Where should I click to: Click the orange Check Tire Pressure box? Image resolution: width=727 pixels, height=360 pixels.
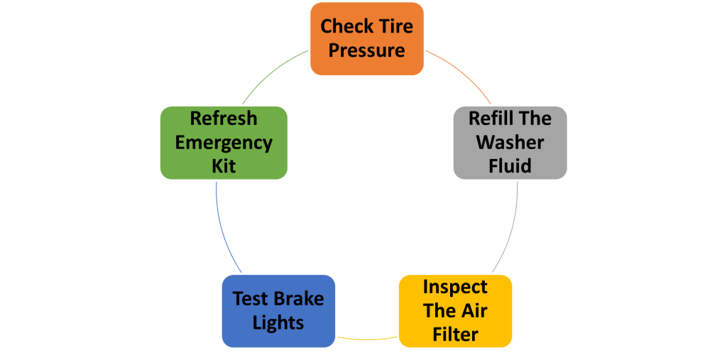coord(366,39)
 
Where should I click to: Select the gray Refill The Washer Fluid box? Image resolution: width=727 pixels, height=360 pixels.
coord(510,142)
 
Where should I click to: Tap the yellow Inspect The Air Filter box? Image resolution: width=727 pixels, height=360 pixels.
coord(455,310)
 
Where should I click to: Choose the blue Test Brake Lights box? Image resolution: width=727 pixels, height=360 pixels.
coord(278,310)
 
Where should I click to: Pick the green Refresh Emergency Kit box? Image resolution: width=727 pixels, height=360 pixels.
coord(224,142)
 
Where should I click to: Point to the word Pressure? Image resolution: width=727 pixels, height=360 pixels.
coord(366,51)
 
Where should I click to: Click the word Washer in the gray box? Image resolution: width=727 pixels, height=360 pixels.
coord(510,142)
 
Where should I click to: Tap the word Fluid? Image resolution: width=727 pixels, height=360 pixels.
coord(510,166)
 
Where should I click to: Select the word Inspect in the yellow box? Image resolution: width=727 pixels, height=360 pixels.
coord(455,287)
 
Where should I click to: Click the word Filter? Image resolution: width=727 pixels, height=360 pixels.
coord(455,334)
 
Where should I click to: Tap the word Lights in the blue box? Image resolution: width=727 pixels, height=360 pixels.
coord(278,322)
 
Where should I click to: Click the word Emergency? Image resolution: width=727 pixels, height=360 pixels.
coord(224,142)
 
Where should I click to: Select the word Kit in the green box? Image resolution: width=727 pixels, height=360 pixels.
coord(224,166)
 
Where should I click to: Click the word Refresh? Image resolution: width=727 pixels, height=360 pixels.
coord(224,118)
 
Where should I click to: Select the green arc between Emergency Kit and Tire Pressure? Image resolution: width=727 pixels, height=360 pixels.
coord(270,75)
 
